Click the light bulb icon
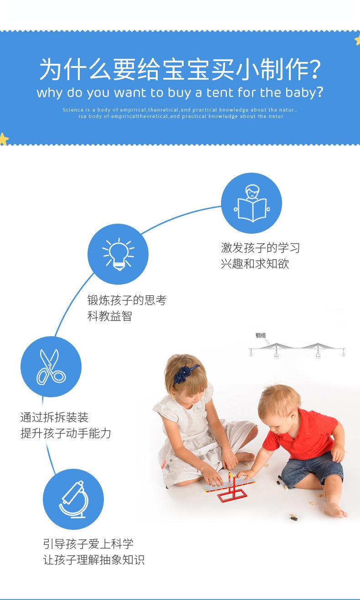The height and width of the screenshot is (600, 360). click(118, 254)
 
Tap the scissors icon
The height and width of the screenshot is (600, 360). click(51, 367)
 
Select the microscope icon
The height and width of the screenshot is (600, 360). click(73, 499)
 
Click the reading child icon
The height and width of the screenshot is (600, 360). click(252, 203)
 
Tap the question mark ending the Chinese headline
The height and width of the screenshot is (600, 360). click(313, 69)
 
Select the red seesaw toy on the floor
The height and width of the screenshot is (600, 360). click(230, 486)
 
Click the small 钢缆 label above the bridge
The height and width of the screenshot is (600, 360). click(260, 335)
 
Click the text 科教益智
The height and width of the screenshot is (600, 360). click(109, 316)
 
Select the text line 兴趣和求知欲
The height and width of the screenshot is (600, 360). click(255, 264)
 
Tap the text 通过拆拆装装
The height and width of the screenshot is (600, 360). click(54, 417)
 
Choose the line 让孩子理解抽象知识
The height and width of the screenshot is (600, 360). click(94, 560)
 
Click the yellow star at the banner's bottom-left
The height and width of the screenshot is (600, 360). click(4, 139)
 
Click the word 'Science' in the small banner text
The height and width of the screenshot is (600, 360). click(73, 110)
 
